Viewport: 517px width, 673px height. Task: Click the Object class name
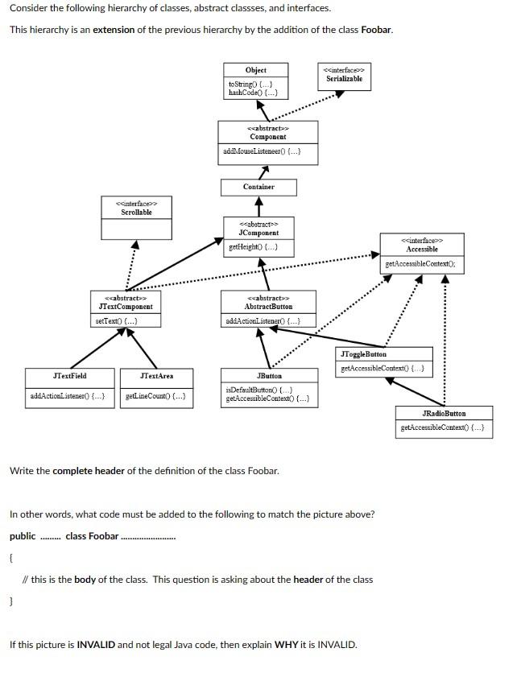[255, 70]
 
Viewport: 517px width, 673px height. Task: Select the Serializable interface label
[344, 79]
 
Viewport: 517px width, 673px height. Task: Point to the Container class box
[258, 187]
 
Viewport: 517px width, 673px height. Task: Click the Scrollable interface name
[137, 212]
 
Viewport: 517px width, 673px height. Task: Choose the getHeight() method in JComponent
[254, 246]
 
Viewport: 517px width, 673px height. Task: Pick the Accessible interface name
[422, 250]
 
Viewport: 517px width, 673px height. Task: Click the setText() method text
[116, 321]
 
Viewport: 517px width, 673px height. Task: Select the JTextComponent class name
[126, 307]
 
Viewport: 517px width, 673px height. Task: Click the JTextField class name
[70, 376]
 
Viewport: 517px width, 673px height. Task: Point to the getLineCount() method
[156, 396]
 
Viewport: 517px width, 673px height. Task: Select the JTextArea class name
[156, 376]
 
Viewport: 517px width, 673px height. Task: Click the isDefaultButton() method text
[254, 390]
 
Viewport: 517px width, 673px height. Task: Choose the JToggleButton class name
[363, 354]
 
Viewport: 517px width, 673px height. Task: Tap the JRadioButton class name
[444, 413]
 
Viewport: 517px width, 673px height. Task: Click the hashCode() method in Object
[254, 93]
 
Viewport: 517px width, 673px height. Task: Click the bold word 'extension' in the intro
[118, 30]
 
